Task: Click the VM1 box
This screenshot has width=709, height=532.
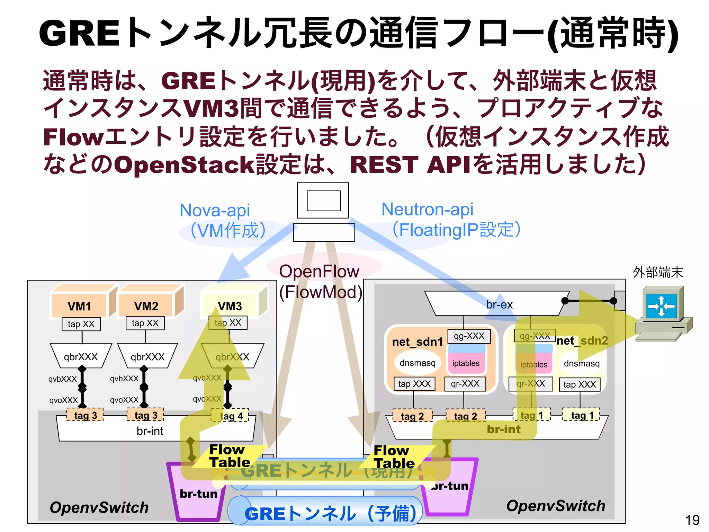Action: (x=80, y=306)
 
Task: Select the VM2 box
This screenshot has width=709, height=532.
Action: (x=146, y=305)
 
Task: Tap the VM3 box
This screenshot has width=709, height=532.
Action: (x=230, y=305)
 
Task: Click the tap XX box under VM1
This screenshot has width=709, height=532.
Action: (x=81, y=324)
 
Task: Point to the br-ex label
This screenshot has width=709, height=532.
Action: (x=499, y=304)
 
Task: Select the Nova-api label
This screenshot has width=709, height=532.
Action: (x=215, y=210)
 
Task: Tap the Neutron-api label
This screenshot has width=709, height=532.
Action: (x=427, y=210)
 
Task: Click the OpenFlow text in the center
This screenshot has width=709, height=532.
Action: (x=319, y=271)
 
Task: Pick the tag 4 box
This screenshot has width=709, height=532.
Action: (x=230, y=415)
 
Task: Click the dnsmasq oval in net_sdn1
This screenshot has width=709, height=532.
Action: (x=417, y=363)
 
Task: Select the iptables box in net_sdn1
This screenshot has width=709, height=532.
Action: (x=466, y=363)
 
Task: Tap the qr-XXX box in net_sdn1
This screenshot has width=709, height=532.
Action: (x=465, y=384)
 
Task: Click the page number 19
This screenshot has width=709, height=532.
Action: (x=692, y=520)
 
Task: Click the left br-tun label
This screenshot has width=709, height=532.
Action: (x=198, y=493)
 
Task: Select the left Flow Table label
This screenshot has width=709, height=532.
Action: (x=229, y=456)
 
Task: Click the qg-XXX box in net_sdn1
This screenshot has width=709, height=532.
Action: (x=469, y=336)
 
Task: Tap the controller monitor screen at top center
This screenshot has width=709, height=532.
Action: (x=323, y=201)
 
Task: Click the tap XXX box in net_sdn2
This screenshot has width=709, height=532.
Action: (x=580, y=384)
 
